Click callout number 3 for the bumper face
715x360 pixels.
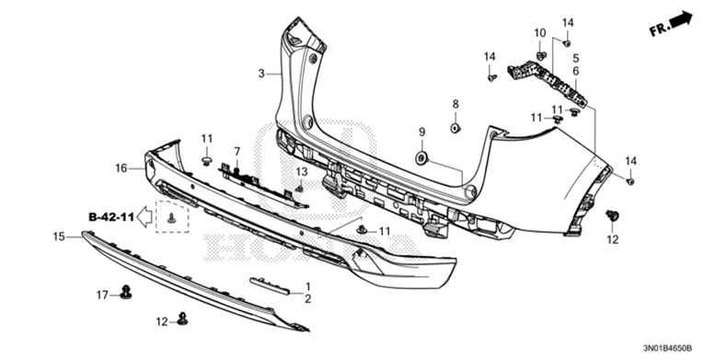click(261, 73)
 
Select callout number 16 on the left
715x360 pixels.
click(121, 168)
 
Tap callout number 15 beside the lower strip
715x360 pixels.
click(58, 237)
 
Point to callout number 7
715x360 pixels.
click(236, 151)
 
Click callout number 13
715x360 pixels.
click(300, 172)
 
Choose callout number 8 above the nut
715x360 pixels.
click(455, 103)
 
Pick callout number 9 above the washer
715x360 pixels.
click(422, 133)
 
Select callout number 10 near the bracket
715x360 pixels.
click(540, 33)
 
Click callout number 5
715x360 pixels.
click(576, 56)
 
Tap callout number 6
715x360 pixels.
click(576, 71)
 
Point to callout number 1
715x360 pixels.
click(308, 286)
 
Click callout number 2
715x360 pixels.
click(308, 299)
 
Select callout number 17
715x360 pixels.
click(103, 295)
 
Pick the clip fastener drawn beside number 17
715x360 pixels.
click(126, 294)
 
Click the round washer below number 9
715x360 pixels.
click(422, 158)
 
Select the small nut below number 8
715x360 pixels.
click(455, 126)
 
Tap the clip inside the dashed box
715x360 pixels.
click(172, 218)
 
